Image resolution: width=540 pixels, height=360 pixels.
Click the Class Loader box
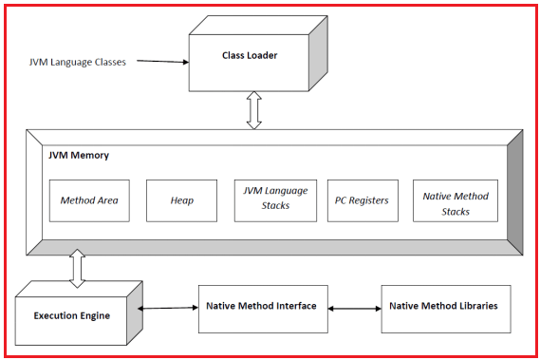249,57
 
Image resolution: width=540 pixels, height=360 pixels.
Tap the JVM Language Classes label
77,62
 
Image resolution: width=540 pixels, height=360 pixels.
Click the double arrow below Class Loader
252,110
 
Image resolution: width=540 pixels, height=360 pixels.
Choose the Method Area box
88,200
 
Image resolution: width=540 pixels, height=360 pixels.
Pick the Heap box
181,200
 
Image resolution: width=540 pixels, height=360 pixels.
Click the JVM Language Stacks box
274,200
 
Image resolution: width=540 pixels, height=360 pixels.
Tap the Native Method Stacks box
456,200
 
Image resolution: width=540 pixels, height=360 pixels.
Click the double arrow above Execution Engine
77,268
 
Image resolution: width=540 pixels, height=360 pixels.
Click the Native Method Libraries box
445,307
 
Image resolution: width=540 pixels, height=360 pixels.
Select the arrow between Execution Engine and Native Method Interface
169,308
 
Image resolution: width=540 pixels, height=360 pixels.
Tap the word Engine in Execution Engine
103,314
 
